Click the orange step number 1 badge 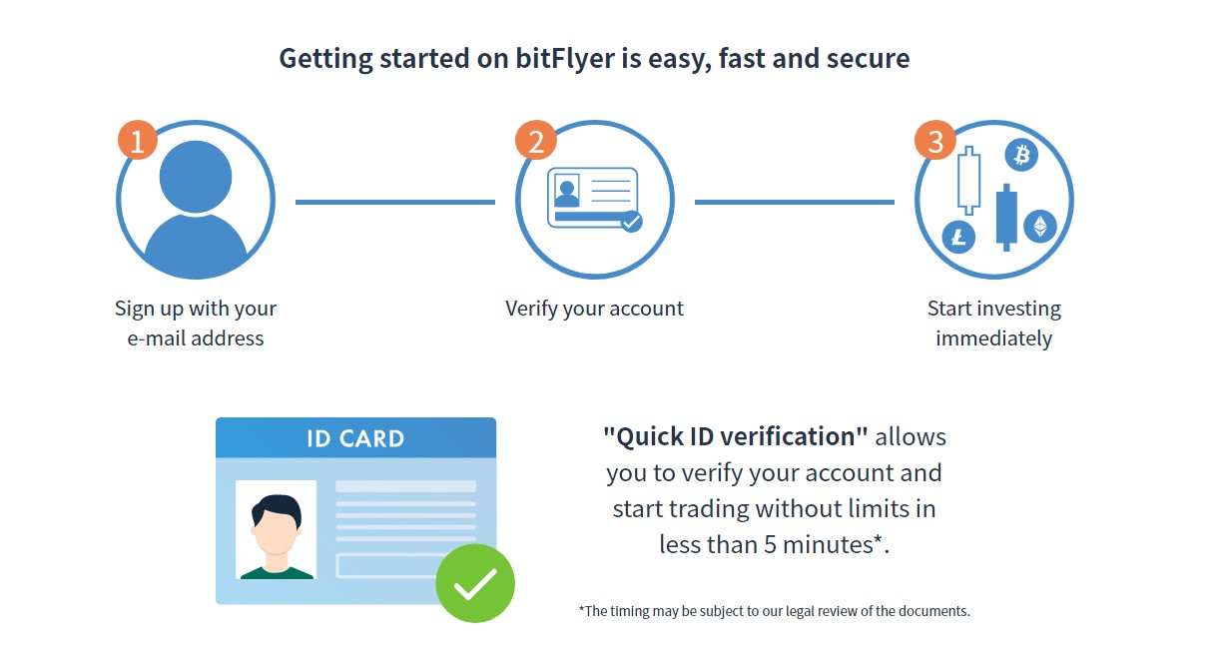(x=138, y=140)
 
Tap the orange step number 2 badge (x=536, y=140)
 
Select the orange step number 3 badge (x=935, y=140)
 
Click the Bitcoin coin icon (x=1021, y=155)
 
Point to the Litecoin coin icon (x=958, y=237)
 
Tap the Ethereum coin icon (x=1040, y=226)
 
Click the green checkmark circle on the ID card (x=475, y=583)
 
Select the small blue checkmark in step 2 (x=632, y=222)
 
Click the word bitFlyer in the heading (x=565, y=58)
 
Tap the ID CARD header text (x=355, y=438)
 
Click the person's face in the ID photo (x=276, y=529)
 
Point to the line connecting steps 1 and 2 (x=395, y=202)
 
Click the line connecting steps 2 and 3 (x=795, y=202)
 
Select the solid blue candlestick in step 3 (x=1006, y=218)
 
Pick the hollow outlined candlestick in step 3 (x=969, y=181)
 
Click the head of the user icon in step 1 (x=196, y=177)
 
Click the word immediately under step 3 (x=993, y=339)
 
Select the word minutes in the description (x=828, y=545)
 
